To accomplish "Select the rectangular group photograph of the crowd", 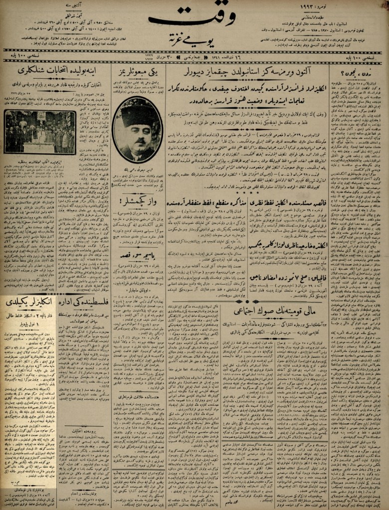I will coord(40,132).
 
